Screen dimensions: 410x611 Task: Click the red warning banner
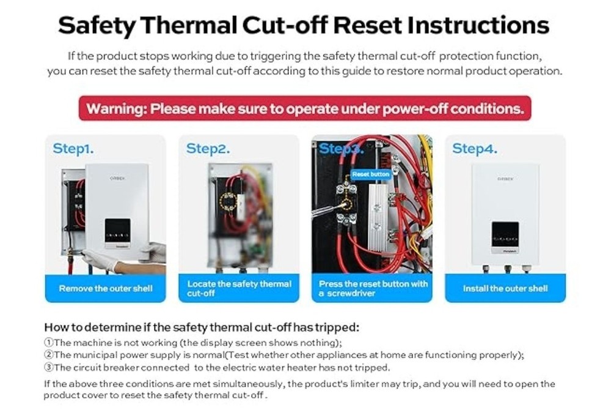click(305, 109)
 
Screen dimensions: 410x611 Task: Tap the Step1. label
click(73, 149)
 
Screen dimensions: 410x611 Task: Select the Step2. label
click(208, 149)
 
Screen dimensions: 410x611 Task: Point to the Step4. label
click(474, 149)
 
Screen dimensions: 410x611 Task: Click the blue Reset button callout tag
click(371, 174)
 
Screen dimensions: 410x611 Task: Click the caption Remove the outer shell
click(105, 288)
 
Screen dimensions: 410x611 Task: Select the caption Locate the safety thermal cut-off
click(239, 288)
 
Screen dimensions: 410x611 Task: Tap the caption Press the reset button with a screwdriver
click(373, 288)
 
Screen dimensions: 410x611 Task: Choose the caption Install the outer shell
click(505, 288)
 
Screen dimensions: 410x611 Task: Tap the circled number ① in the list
click(49, 342)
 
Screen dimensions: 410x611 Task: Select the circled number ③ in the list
click(49, 367)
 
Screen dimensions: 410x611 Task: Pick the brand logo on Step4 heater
click(504, 179)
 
